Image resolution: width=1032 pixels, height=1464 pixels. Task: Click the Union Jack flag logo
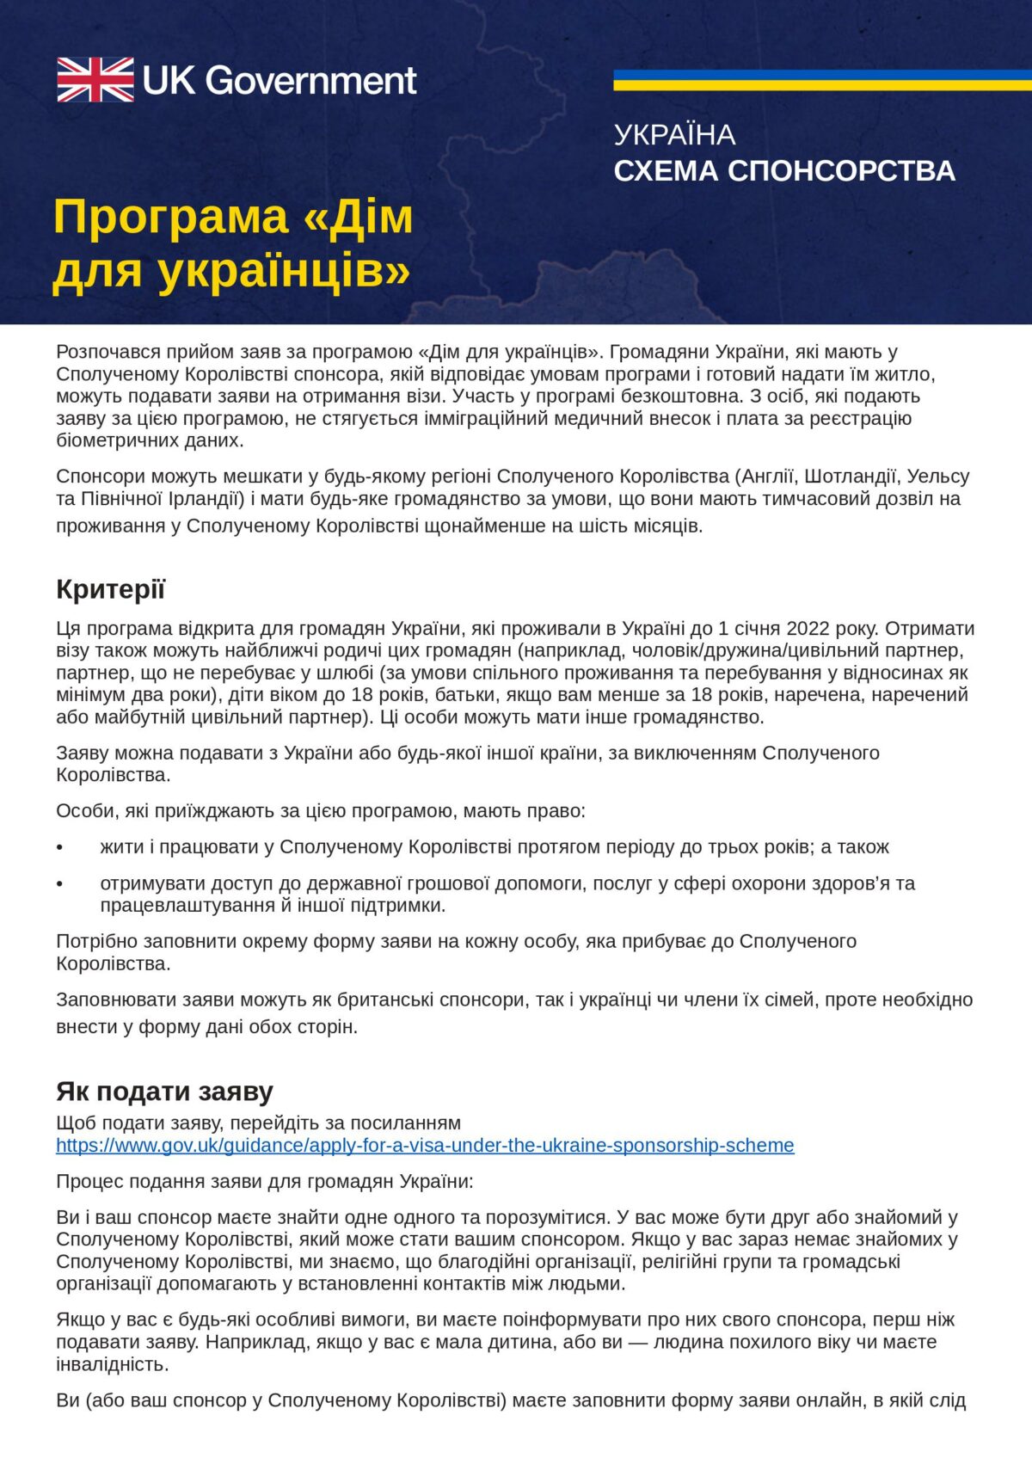[95, 80]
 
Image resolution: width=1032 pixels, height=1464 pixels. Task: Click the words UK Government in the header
[279, 81]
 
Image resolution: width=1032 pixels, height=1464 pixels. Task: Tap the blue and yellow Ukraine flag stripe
[821, 80]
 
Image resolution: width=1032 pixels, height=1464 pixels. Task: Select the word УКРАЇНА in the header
[674, 135]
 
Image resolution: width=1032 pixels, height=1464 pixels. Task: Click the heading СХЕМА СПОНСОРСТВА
[784, 171]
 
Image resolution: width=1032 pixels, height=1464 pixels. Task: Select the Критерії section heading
[110, 589]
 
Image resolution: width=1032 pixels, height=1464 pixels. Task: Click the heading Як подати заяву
[164, 1091]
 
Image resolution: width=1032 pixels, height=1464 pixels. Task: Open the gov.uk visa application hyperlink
[425, 1146]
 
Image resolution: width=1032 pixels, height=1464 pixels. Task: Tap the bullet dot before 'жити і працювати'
[60, 847]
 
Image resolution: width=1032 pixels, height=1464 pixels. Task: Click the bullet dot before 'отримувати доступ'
[60, 883]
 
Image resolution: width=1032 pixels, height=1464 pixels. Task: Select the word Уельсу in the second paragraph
[938, 477]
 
